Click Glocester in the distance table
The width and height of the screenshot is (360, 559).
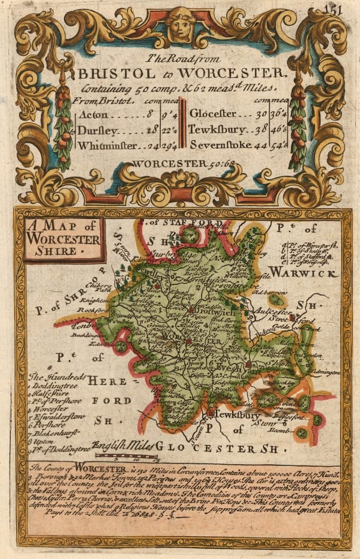(215, 114)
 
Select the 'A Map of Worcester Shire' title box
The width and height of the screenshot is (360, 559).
(62, 239)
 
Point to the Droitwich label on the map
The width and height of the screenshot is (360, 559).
(210, 314)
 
